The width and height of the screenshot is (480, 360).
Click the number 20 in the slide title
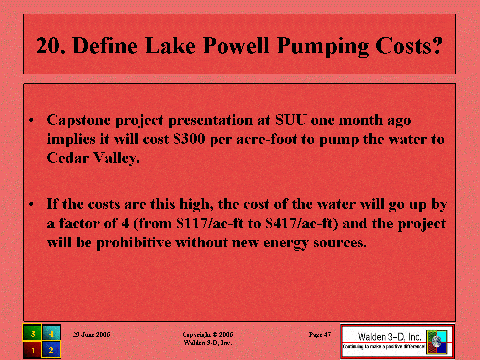click(x=50, y=46)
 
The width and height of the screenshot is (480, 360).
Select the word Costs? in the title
click(x=409, y=46)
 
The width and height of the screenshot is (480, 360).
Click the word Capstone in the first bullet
click(x=79, y=120)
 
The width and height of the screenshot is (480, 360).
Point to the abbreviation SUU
click(x=291, y=120)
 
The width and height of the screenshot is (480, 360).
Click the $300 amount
click(x=189, y=139)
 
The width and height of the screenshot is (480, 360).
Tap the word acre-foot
click(x=267, y=139)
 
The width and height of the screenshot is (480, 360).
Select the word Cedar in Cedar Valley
click(x=68, y=158)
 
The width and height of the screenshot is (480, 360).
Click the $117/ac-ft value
click(x=210, y=224)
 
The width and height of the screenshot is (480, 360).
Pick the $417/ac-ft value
click(x=302, y=224)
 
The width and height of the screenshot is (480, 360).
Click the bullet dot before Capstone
click(x=31, y=120)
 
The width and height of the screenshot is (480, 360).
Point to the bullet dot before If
click(x=31, y=204)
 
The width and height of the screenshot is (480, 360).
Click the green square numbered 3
click(x=32, y=333)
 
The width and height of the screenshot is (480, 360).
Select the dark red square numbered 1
click(x=32, y=350)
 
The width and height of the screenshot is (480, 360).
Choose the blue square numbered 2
click(x=51, y=350)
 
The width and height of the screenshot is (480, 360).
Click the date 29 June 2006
click(x=91, y=335)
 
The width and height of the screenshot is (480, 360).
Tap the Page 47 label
click(x=320, y=335)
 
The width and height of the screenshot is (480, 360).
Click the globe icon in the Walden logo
click(x=437, y=342)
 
